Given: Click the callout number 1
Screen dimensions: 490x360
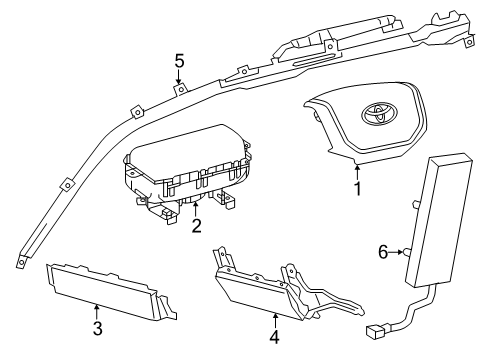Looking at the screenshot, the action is click(357, 189).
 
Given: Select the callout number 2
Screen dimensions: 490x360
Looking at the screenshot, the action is click(197, 226).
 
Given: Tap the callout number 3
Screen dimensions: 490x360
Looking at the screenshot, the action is click(97, 328).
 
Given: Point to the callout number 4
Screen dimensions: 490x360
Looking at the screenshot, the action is click(274, 337).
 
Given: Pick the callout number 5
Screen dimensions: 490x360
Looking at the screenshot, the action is click(179, 61).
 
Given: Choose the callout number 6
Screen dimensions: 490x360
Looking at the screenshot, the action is click(383, 252).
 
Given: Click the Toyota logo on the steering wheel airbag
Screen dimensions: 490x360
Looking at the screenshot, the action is click(379, 113).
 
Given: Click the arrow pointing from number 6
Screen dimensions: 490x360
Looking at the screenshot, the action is click(397, 252).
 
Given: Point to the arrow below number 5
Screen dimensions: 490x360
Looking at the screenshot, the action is click(179, 77).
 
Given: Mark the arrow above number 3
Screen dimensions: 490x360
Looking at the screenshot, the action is click(97, 313).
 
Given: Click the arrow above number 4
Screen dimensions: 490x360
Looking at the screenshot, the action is click(275, 321).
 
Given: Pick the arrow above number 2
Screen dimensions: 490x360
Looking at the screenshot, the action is click(196, 209).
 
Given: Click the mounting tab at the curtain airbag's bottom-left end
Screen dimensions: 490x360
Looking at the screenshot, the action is click(21, 262).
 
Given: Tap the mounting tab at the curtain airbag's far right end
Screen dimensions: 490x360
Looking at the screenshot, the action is click(469, 41).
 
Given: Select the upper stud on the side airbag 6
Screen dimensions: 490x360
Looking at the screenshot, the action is click(416, 203).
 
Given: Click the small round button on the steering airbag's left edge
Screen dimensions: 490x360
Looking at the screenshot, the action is click(315, 116).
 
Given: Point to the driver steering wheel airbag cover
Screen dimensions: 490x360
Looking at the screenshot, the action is click(365, 123).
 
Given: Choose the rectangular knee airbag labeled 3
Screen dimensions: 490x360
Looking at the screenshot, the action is click(111, 291).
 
